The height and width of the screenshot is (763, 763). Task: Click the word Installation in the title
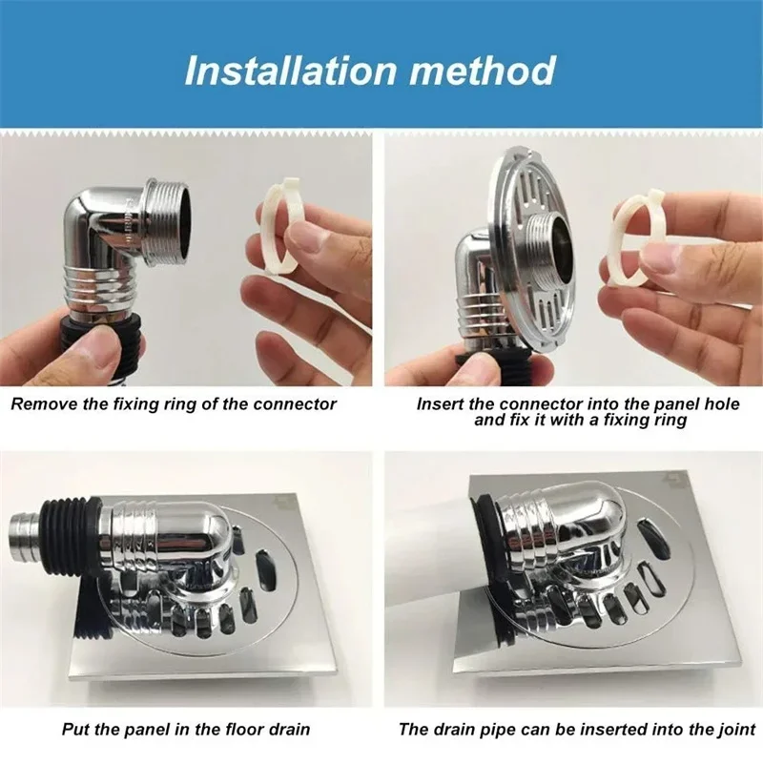pos(291,71)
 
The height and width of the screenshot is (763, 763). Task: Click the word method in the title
pos(483,71)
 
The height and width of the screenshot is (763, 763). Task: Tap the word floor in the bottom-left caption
pos(241,729)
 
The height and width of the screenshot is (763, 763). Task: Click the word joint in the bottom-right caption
pos(736,729)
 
